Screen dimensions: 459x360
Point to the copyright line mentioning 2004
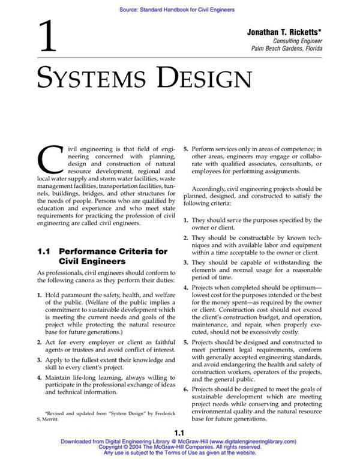[x=179, y=447]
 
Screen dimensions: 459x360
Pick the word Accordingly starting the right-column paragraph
[x=212, y=188]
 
